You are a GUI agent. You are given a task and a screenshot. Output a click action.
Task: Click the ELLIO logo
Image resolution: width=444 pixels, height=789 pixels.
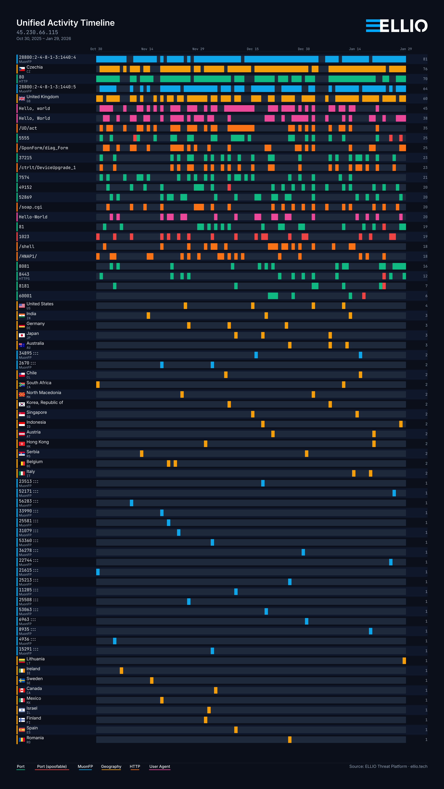tap(397, 26)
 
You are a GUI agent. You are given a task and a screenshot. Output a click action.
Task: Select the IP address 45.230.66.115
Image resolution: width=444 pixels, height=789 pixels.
tap(37, 32)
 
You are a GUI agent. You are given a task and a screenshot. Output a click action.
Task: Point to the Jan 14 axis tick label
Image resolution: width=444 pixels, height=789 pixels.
tap(355, 49)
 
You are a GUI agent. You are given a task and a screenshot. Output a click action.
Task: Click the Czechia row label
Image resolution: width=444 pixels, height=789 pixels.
tap(34, 67)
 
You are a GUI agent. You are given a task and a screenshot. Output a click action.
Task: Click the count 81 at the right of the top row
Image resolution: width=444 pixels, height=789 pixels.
tap(425, 59)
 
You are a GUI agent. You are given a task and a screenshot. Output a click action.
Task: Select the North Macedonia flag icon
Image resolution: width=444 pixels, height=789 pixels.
tap(22, 394)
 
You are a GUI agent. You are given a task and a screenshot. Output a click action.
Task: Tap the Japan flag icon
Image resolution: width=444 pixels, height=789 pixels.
tap(22, 335)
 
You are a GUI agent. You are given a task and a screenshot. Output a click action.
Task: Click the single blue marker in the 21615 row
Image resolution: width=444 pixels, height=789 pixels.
tap(98, 572)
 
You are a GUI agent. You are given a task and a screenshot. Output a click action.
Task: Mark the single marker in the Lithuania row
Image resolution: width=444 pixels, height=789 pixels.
tap(404, 661)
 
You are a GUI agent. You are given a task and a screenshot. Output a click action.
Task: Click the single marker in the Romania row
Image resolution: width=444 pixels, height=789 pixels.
tap(290, 740)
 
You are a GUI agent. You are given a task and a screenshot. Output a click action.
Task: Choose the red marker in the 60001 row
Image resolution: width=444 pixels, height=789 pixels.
tap(364, 296)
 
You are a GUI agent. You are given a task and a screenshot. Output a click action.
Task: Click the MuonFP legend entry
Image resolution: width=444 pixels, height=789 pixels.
tap(85, 767)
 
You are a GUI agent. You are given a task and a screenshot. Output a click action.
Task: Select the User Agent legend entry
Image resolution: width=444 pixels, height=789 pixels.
tap(160, 767)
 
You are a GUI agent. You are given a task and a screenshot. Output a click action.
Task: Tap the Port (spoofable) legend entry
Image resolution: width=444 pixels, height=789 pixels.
tap(52, 767)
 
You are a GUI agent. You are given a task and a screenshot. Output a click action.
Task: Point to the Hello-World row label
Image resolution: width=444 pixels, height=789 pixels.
tap(33, 217)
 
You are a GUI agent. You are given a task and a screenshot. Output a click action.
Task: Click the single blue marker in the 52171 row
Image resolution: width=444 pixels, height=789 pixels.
tap(394, 493)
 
